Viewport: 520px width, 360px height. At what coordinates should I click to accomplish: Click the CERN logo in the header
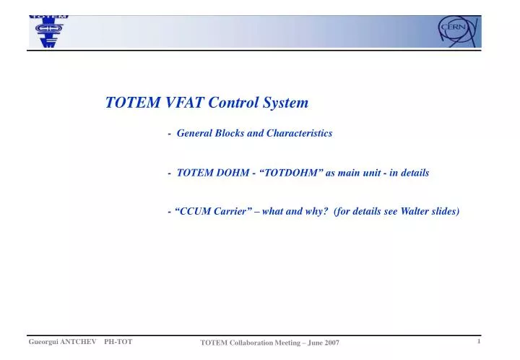[455, 30]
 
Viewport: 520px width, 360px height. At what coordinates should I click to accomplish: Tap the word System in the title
[285, 103]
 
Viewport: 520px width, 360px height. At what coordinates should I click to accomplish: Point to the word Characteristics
[300, 133]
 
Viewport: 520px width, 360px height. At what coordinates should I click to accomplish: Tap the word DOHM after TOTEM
[230, 173]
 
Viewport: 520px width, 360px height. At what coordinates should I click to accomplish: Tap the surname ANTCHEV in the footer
[78, 340]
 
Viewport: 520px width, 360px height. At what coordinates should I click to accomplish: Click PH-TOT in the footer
[118, 340]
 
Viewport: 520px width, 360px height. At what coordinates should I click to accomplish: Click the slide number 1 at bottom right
[479, 340]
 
